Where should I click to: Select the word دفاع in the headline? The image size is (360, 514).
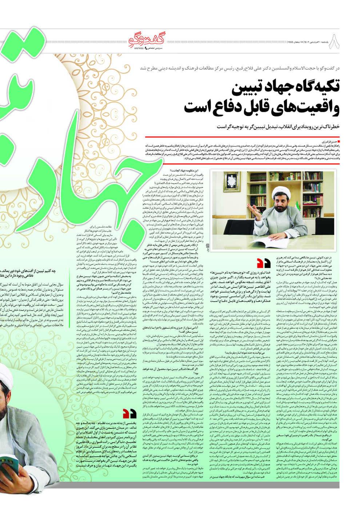pos(238,107)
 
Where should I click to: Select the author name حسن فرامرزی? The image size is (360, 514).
pos(329,141)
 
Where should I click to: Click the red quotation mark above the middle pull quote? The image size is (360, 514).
pos(264,263)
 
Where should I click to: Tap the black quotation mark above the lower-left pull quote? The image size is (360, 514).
pos(129,414)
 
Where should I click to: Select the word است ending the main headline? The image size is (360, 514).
pos(202,107)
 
